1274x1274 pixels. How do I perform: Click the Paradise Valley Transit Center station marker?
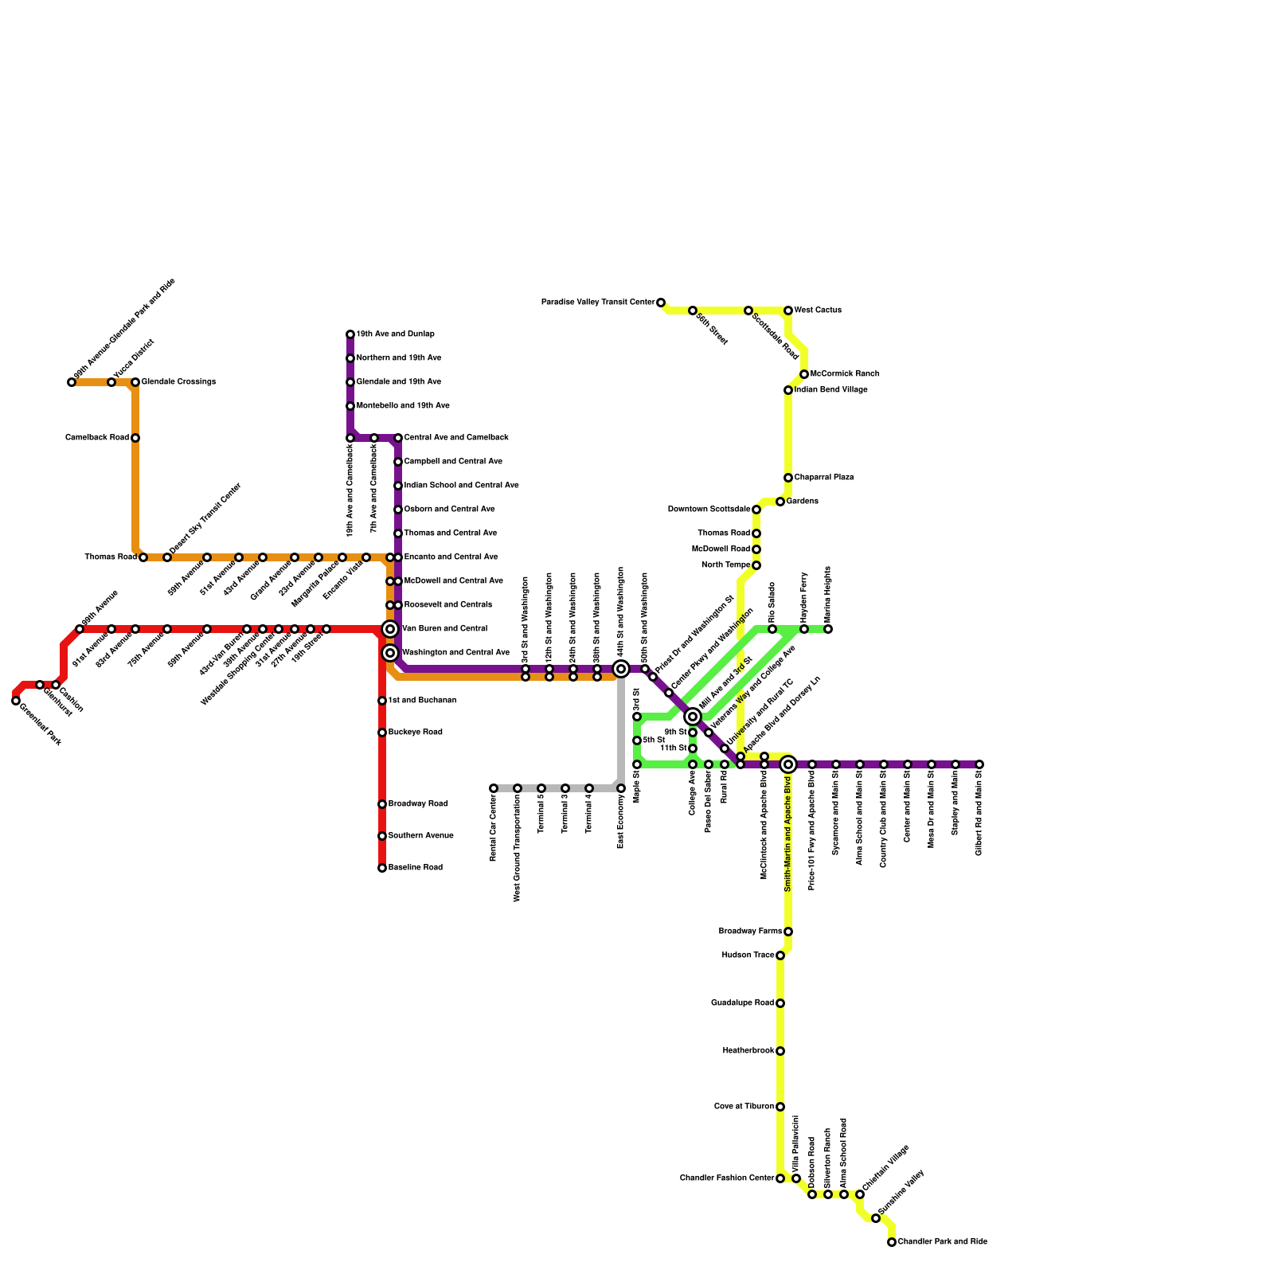pyautogui.click(x=661, y=303)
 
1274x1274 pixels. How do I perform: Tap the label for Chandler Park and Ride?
pyautogui.click(x=942, y=1242)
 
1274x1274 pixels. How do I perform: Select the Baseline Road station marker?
pyautogui.click(x=382, y=868)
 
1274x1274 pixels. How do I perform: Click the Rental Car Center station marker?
pyautogui.click(x=494, y=788)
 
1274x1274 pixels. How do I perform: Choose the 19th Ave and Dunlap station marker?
pyautogui.click(x=350, y=334)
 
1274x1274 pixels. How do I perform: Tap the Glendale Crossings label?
pyautogui.click(x=178, y=382)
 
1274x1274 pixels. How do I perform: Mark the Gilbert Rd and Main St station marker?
pyautogui.click(x=979, y=764)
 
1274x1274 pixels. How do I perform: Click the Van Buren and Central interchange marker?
pyautogui.click(x=390, y=629)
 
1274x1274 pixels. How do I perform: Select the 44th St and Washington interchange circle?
pyautogui.click(x=621, y=669)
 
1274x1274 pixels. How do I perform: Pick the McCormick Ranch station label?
pyautogui.click(x=845, y=374)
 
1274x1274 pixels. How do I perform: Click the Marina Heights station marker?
pyautogui.click(x=828, y=629)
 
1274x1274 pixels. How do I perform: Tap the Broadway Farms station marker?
pyautogui.click(x=788, y=932)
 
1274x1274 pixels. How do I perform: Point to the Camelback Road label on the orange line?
pyautogui.click(x=97, y=438)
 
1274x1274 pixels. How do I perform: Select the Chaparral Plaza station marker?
pyautogui.click(x=788, y=478)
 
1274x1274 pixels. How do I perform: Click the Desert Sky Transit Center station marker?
pyautogui.click(x=167, y=557)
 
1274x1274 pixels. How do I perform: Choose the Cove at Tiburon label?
pyautogui.click(x=744, y=1107)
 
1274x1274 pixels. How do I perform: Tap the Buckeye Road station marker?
pyautogui.click(x=382, y=733)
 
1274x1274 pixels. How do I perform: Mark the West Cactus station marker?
pyautogui.click(x=788, y=311)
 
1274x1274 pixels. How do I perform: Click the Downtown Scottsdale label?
pyautogui.click(x=709, y=510)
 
